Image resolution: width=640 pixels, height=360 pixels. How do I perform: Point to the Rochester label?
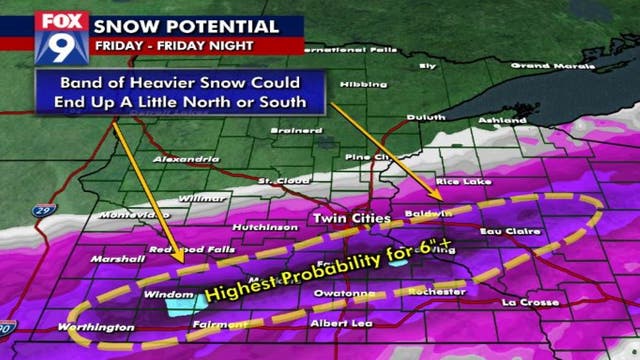[x=438, y=291]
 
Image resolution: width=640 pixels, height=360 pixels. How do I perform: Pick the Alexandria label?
[x=186, y=160]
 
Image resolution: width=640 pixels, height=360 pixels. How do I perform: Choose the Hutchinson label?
[x=267, y=228]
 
